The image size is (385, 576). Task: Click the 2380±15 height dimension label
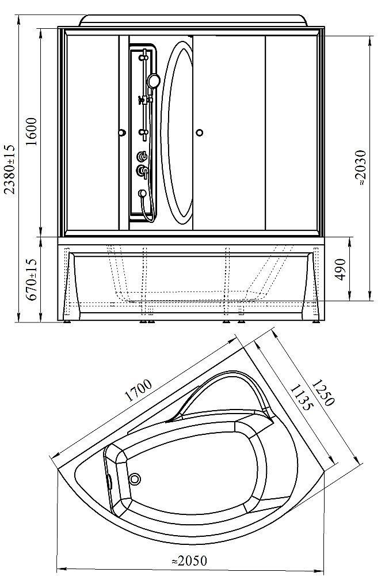[10, 169]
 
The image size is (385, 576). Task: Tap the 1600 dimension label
[32, 131]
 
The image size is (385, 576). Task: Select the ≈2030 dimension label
[361, 168]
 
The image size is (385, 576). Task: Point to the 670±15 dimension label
[32, 279]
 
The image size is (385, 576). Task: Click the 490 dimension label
[341, 269]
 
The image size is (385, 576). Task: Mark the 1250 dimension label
[323, 392]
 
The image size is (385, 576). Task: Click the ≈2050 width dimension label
[189, 561]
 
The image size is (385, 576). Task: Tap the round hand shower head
[154, 81]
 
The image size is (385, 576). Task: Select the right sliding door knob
[199, 132]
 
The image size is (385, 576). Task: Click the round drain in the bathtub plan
[136, 479]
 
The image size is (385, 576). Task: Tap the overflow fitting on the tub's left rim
[108, 481]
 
